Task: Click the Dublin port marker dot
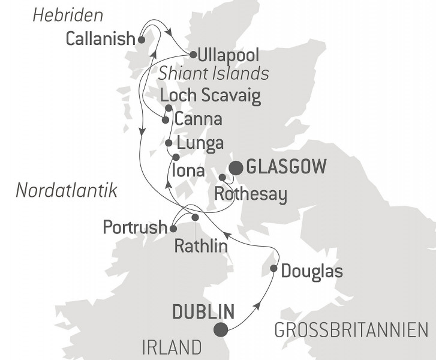[221, 329]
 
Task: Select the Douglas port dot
[274, 269]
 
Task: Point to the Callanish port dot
[142, 40]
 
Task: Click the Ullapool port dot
[193, 55]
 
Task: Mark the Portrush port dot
[173, 229]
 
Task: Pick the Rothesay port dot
[222, 178]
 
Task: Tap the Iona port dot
[176, 157]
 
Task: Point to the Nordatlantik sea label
[66, 191]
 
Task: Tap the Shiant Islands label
[214, 73]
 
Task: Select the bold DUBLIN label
[203, 312]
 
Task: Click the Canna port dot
[165, 119]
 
